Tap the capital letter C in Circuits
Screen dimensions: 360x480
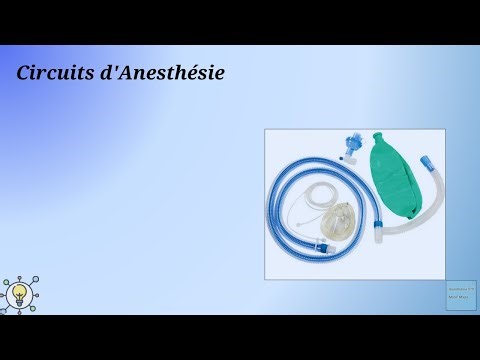tap(24, 73)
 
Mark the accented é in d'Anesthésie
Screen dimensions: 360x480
tap(198, 73)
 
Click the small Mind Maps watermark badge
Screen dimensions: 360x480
tap(459, 294)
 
